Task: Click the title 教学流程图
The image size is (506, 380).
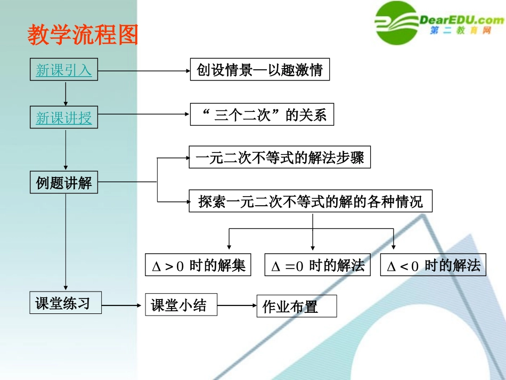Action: pyautogui.click(x=83, y=35)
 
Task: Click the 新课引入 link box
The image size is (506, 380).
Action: pyautogui.click(x=64, y=70)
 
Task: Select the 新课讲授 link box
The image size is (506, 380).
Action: pyautogui.click(x=64, y=117)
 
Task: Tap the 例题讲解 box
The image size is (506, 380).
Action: pyautogui.click(x=64, y=183)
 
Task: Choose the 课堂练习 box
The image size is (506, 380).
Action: pyautogui.click(x=65, y=304)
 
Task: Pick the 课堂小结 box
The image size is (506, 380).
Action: pyautogui.click(x=181, y=305)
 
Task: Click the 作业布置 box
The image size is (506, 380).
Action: pyautogui.click(x=296, y=306)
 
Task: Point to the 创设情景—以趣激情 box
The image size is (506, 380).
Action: pyautogui.click(x=259, y=70)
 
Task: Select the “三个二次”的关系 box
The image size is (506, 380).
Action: pyautogui.click(x=262, y=115)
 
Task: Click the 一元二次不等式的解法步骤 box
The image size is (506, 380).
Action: pyautogui.click(x=279, y=158)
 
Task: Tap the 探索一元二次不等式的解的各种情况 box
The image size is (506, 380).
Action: pyautogui.click(x=310, y=201)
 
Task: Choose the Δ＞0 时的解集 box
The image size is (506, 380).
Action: pyautogui.click(x=198, y=265)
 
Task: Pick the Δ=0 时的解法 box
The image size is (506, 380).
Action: pyautogui.click(x=317, y=265)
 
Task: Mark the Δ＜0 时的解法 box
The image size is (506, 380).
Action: pyautogui.click(x=433, y=265)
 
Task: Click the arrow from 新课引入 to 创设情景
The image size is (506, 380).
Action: pyautogui.click(x=144, y=70)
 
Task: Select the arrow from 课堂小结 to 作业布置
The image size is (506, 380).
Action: pyautogui.click(x=237, y=305)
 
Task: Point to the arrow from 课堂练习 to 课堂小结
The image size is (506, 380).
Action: pyautogui.click(x=123, y=305)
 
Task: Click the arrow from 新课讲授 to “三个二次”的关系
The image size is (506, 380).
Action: pyautogui.click(x=144, y=114)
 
